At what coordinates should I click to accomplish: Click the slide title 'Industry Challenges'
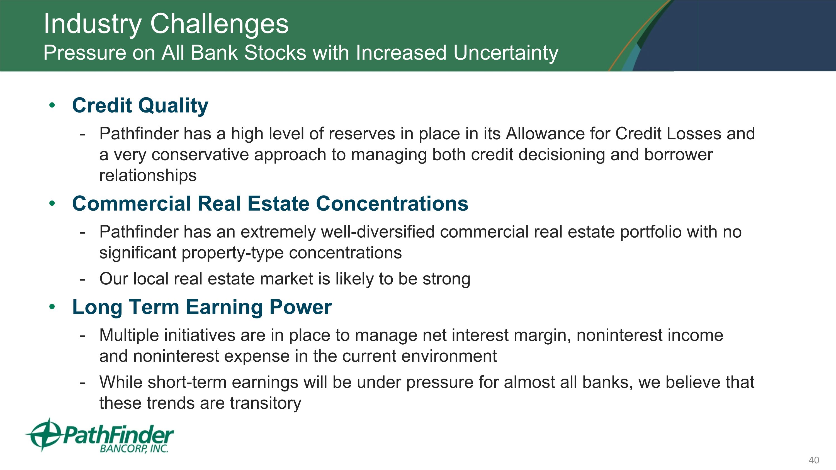(166, 24)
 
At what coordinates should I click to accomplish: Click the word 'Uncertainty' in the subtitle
(506, 53)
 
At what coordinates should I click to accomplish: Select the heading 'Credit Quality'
(140, 106)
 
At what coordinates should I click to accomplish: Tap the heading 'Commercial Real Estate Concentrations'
(270, 204)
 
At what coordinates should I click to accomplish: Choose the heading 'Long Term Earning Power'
(202, 308)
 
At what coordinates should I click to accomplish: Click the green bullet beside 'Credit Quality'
(52, 105)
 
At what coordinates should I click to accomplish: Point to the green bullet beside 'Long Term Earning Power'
(52, 306)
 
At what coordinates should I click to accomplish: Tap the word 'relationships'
(148, 176)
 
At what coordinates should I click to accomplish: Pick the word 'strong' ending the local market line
(446, 279)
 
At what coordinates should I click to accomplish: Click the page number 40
(814, 460)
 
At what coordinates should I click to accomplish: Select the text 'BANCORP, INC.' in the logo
(134, 449)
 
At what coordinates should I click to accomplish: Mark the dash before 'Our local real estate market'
(82, 279)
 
